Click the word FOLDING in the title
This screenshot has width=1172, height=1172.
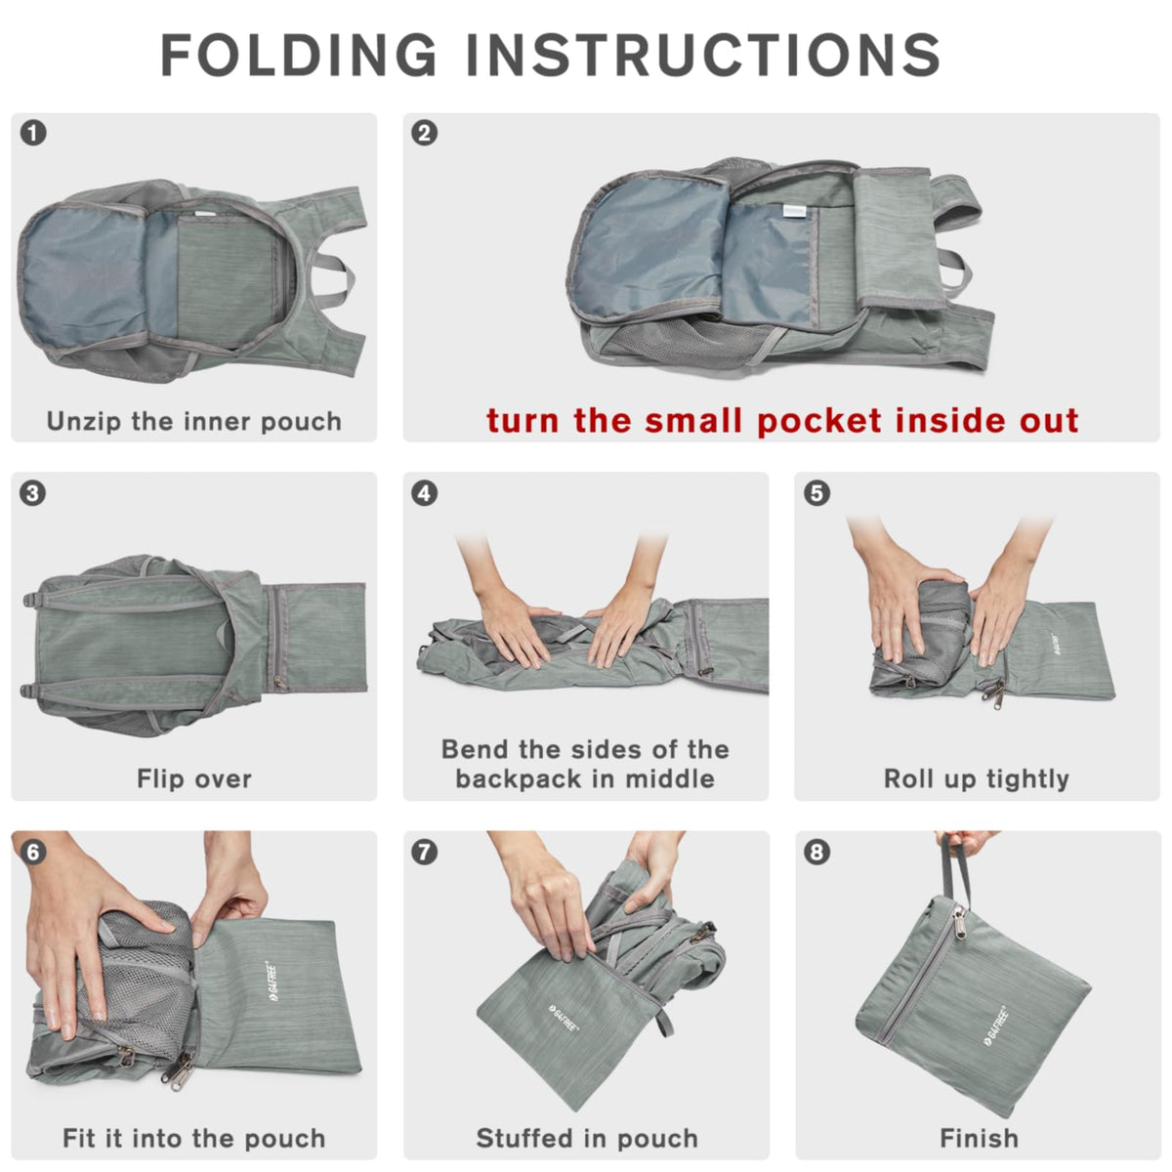pos(299,55)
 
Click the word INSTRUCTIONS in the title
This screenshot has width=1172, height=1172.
pos(702,55)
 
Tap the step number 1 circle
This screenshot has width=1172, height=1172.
pos(33,133)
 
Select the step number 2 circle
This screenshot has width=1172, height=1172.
pos(425,133)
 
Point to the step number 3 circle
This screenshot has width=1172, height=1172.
pos(33,492)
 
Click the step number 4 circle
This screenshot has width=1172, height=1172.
pos(425,492)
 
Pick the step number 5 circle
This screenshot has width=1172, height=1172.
pos(816,492)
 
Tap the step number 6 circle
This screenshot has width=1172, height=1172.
pos(33,852)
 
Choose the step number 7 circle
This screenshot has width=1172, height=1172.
pos(425,852)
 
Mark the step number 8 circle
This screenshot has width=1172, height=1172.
pos(816,852)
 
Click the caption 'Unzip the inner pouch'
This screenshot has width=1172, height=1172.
pos(194,421)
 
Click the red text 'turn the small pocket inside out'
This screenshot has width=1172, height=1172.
pos(782,420)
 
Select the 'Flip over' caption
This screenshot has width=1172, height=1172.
pos(194,778)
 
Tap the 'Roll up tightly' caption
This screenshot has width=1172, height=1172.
pos(976,778)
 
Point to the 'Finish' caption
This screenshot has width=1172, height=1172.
pos(979,1138)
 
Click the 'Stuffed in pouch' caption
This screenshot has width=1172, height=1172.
pos(587,1138)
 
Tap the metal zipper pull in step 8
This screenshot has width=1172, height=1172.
pos(960,921)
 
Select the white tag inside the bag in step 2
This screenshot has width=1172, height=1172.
pos(796,210)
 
